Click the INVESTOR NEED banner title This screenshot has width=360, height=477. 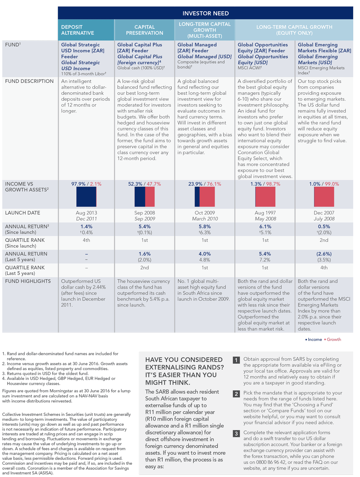click(206, 13)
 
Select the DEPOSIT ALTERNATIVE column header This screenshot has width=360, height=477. click(77, 30)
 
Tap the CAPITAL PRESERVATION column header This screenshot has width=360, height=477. click(144, 30)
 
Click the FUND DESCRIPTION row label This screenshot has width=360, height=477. click(29, 81)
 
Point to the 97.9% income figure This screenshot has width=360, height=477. click(78, 184)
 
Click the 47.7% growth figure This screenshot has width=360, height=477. click(154, 184)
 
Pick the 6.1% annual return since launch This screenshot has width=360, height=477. click(265, 226)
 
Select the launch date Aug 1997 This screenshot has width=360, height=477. click(265, 213)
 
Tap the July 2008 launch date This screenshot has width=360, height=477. click(324, 219)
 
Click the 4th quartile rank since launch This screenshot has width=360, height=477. click(86, 240)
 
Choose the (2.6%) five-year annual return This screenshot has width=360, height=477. click(324, 254)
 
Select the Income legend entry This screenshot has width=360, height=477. click(314, 340)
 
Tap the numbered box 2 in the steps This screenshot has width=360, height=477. click(236, 394)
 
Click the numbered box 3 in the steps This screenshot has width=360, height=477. click(236, 433)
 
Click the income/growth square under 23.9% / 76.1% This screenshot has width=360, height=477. click(204, 197)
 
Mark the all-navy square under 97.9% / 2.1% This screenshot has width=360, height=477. click(86, 197)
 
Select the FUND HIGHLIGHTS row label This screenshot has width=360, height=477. click(28, 281)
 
